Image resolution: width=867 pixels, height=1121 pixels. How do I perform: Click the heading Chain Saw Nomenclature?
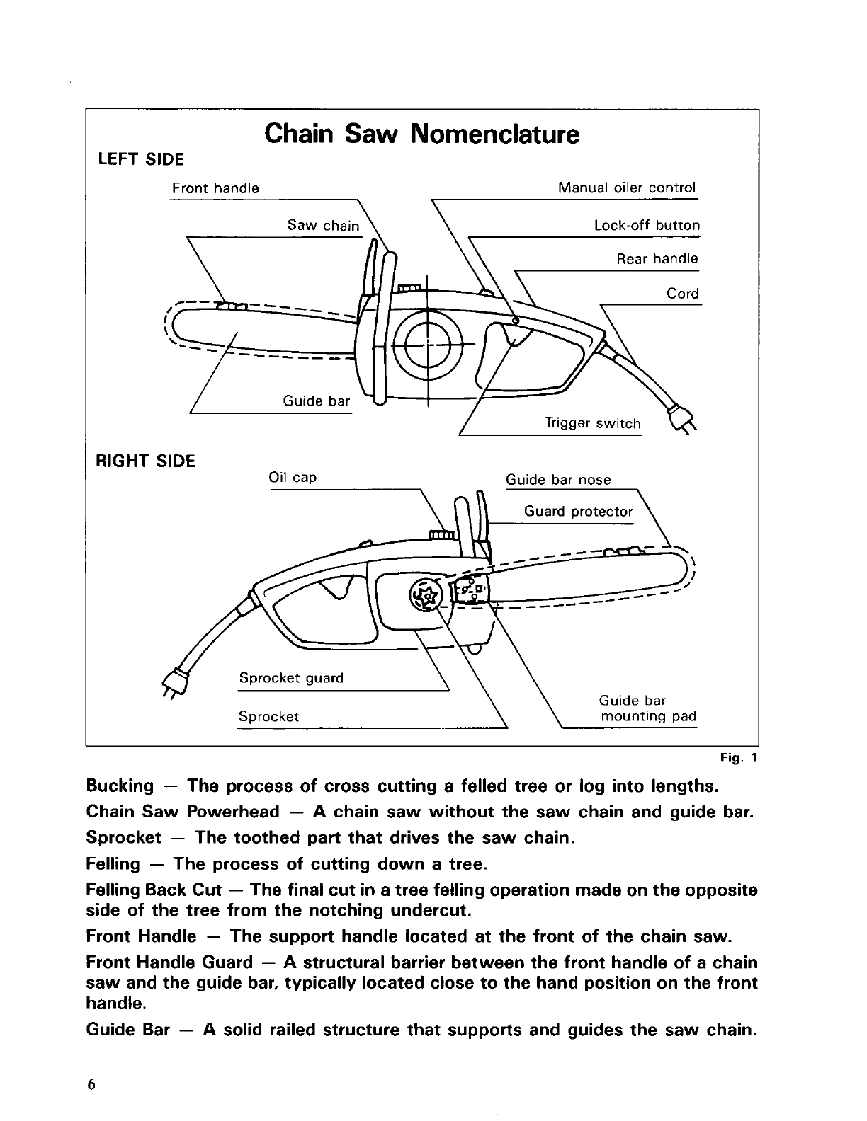coord(421,134)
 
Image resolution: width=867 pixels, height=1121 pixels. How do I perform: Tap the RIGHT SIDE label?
coord(145,461)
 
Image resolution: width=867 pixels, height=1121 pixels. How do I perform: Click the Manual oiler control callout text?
coord(627,188)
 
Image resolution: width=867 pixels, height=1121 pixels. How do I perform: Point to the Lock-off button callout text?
coord(647,226)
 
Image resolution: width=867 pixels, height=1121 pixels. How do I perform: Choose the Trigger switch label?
coord(592,423)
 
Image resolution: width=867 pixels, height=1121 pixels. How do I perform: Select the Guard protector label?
coord(578,512)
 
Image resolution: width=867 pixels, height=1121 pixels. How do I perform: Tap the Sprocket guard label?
coord(291,678)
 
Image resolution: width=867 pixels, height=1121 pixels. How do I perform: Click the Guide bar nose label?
coord(558,480)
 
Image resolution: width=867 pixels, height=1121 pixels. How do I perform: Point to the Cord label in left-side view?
coord(683,293)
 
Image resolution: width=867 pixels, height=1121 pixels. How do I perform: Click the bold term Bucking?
coord(119,786)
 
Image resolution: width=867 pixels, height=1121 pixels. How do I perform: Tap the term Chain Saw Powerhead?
coord(182,812)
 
